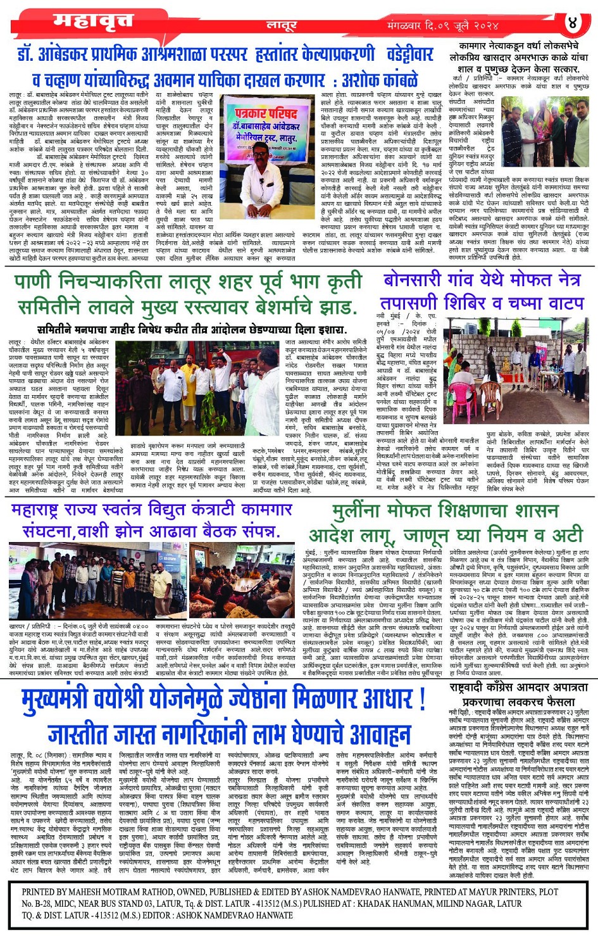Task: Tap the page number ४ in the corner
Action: [572, 23]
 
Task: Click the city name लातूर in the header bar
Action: [281, 25]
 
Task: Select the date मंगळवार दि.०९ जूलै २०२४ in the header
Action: [443, 26]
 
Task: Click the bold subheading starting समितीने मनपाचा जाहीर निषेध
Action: [191, 329]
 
